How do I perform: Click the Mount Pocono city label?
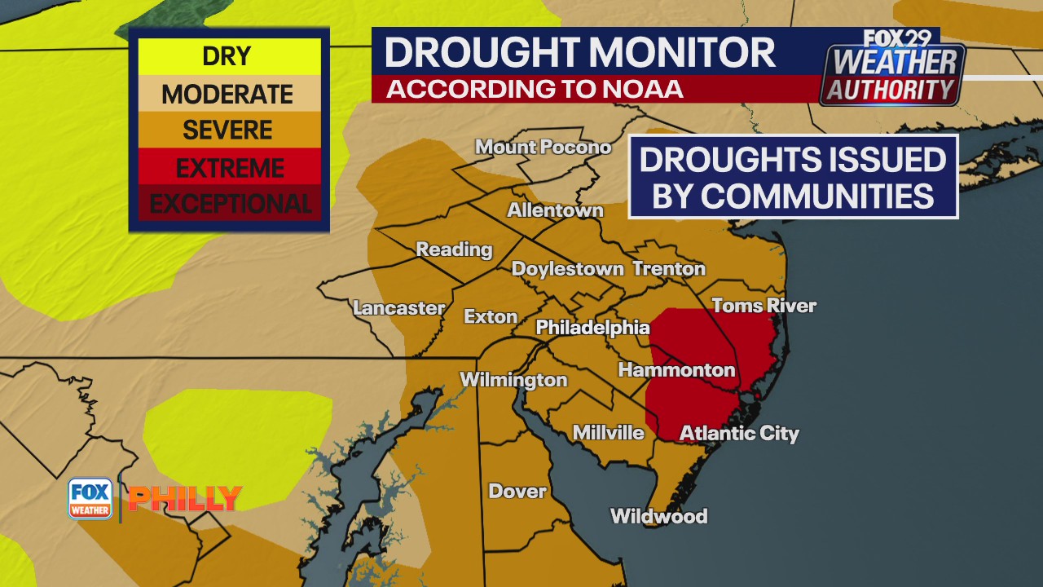(x=543, y=148)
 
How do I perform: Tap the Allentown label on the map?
(x=555, y=210)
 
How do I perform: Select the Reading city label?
(x=454, y=249)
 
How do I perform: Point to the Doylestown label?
(x=567, y=269)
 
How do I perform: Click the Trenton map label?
(x=668, y=269)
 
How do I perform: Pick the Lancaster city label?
(x=398, y=308)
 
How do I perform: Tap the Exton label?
(x=491, y=316)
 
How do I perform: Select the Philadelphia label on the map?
(x=592, y=328)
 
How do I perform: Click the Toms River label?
(x=764, y=306)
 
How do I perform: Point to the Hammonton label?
(x=676, y=370)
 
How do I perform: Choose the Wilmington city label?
(x=513, y=380)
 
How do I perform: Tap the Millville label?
(x=608, y=433)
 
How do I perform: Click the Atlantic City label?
(x=739, y=433)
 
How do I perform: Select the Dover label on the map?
(x=517, y=491)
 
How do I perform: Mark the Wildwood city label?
(x=658, y=516)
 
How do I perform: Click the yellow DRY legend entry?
(x=227, y=57)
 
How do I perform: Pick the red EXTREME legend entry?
(x=230, y=168)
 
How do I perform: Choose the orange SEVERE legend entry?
(x=227, y=130)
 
